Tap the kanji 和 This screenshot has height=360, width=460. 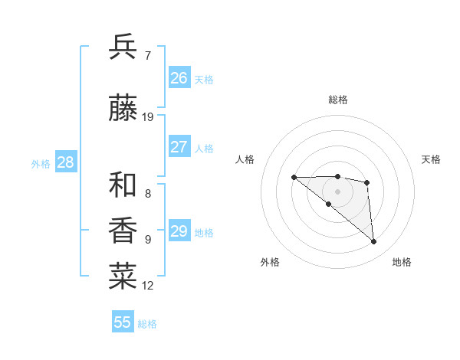123,185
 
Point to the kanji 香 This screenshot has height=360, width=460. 123,230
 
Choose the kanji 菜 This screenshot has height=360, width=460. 123,277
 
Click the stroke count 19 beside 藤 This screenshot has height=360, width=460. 148,116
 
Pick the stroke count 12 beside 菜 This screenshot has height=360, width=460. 148,286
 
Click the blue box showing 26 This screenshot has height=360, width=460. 179,78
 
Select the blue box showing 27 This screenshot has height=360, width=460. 179,147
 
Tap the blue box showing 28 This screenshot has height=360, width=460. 65,162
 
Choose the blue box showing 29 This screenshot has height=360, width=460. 179,231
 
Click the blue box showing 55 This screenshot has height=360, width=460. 123,322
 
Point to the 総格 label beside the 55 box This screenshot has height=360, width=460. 147,324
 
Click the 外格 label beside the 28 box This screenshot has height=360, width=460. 41,163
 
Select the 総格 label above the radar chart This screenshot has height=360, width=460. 337,100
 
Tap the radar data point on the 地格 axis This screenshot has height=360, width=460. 373,241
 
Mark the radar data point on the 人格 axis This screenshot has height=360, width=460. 294,177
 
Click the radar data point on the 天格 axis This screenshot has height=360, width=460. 367,182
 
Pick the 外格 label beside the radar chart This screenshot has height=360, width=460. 270,262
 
